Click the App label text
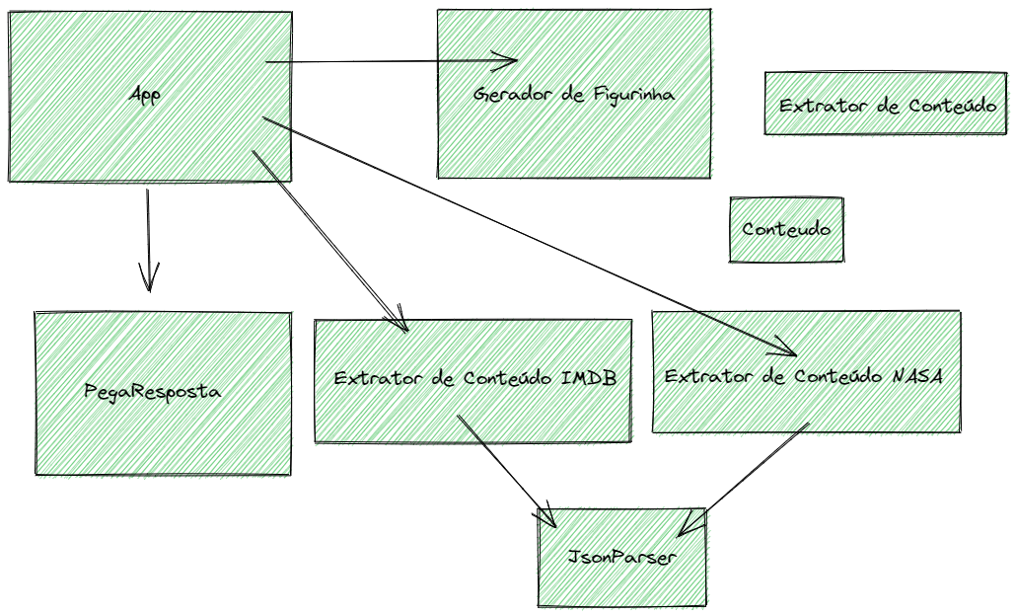tap(144, 95)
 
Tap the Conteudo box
tap(786, 229)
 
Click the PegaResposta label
tap(152, 391)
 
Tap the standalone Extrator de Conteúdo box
tap(885, 104)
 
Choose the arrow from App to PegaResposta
tap(148, 237)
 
